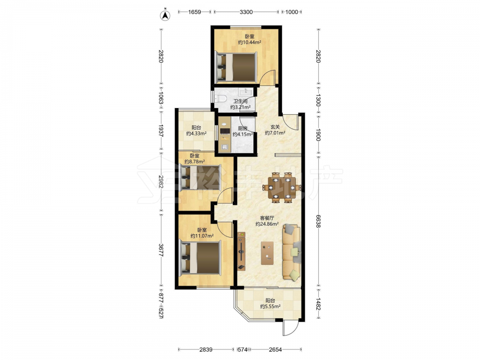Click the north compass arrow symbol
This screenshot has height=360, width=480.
[166, 15]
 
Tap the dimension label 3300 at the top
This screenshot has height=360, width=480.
[246, 12]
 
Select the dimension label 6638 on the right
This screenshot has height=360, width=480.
[318, 221]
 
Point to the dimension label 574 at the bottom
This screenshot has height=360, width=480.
[242, 349]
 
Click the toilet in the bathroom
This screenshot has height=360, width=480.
[220, 98]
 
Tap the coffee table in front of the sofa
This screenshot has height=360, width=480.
[267, 253]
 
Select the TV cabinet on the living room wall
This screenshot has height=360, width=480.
[241, 251]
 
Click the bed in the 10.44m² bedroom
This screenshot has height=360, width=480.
[236, 67]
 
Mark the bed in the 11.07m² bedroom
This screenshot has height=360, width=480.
[201, 258]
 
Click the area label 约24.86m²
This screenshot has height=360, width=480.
[267, 224]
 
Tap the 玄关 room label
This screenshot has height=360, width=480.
[275, 127]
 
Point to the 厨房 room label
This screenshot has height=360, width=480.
[242, 129]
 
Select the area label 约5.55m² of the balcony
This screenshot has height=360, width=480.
[270, 306]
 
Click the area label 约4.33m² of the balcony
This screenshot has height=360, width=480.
[196, 133]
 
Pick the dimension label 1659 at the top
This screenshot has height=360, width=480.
[195, 12]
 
